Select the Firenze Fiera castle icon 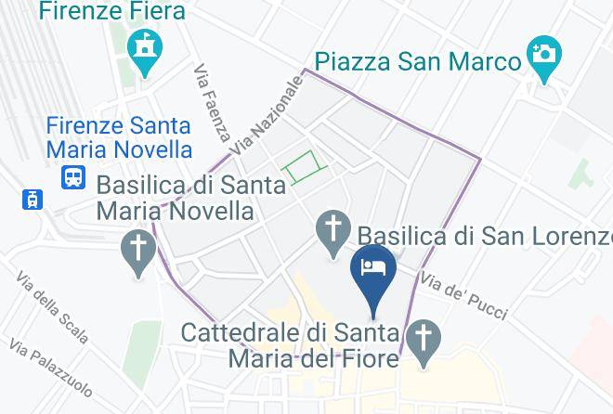146,48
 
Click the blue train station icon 72,176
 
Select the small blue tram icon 33,198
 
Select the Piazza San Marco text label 417,62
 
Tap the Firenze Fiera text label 112,12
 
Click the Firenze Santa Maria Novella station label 120,136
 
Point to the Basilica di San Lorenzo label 485,235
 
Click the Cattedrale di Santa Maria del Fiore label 290,343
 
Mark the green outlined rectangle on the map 306,166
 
